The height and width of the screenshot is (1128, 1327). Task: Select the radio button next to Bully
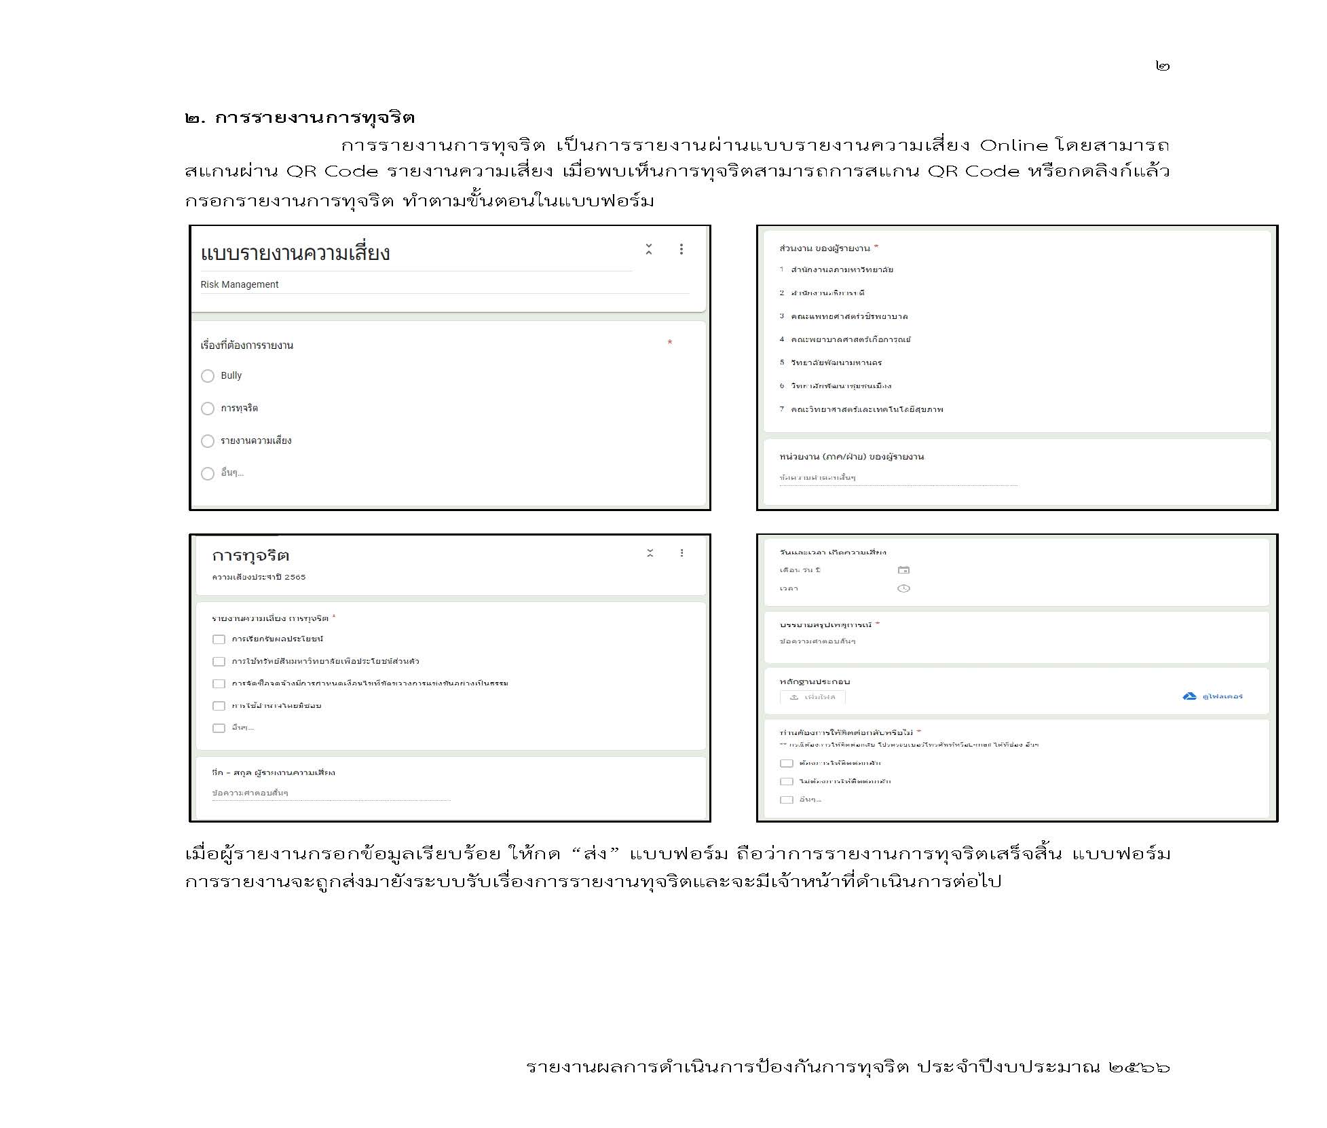(208, 376)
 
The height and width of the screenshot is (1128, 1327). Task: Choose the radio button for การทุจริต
(208, 409)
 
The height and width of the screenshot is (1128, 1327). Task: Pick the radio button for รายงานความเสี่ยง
(208, 441)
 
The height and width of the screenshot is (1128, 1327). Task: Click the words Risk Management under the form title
(240, 284)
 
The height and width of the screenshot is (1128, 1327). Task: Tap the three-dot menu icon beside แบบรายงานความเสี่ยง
(681, 249)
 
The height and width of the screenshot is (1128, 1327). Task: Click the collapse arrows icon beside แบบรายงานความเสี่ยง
(649, 249)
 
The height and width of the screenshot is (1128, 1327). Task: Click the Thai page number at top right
(1162, 66)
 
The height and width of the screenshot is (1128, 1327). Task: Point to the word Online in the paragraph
(1014, 145)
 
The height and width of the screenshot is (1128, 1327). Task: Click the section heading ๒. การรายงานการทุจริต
(299, 117)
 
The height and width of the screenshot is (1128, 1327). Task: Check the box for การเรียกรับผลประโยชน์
(219, 639)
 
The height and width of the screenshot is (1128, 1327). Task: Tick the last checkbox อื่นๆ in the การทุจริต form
(219, 728)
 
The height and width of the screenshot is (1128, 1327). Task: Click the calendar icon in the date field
(903, 570)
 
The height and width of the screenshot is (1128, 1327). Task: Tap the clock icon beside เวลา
(903, 588)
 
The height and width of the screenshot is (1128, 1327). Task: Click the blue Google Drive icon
(1189, 696)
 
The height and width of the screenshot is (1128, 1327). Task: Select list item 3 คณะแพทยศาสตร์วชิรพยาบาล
(848, 316)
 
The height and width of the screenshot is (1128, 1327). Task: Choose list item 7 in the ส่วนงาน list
(866, 409)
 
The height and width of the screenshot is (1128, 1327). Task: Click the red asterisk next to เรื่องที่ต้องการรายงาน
(670, 343)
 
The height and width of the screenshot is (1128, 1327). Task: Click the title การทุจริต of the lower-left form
(250, 556)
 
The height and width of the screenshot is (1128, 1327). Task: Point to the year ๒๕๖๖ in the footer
(1139, 1066)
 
